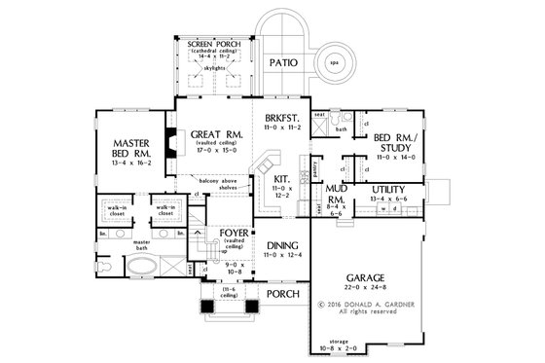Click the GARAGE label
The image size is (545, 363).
pyautogui.click(x=366, y=276)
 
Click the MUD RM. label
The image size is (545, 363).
pyautogui.click(x=336, y=193)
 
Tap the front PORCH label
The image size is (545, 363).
pyautogui.click(x=282, y=293)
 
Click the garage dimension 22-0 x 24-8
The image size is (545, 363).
pyautogui.click(x=366, y=288)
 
